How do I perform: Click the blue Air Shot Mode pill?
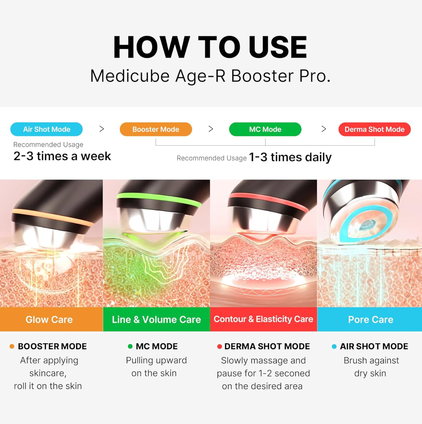pyautogui.click(x=46, y=129)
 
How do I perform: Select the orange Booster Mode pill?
pyautogui.click(x=156, y=129)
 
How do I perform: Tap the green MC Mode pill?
pyautogui.click(x=265, y=129)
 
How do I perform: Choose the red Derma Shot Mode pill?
pyautogui.click(x=375, y=129)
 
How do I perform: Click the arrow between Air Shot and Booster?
pyautogui.click(x=102, y=129)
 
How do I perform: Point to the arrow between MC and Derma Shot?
pyautogui.click(x=323, y=129)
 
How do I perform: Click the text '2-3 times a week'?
pyautogui.click(x=62, y=156)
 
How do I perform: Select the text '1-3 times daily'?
pyautogui.click(x=290, y=157)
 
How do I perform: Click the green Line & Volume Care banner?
pyautogui.click(x=156, y=319)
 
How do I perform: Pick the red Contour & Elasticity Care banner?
pyautogui.click(x=264, y=319)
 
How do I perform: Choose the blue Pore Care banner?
pyautogui.click(x=370, y=319)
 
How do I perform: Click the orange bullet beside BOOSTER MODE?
pyautogui.click(x=12, y=346)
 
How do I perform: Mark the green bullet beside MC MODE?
pyautogui.click(x=130, y=346)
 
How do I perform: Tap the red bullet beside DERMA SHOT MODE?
pyautogui.click(x=220, y=347)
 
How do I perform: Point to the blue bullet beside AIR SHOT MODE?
pyautogui.click(x=334, y=347)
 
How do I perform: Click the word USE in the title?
pyautogui.click(x=278, y=47)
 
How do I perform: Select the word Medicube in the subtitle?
pyautogui.click(x=130, y=76)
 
